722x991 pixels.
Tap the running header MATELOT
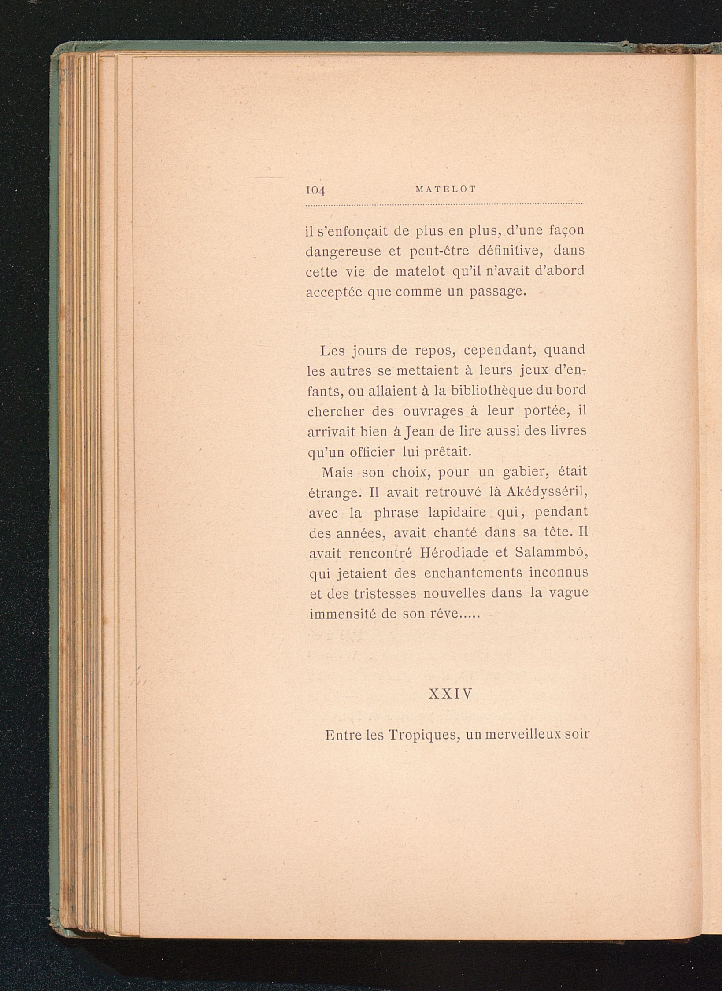(445, 189)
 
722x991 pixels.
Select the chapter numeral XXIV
(450, 694)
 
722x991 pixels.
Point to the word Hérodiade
(453, 553)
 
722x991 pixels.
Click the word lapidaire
(457, 513)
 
